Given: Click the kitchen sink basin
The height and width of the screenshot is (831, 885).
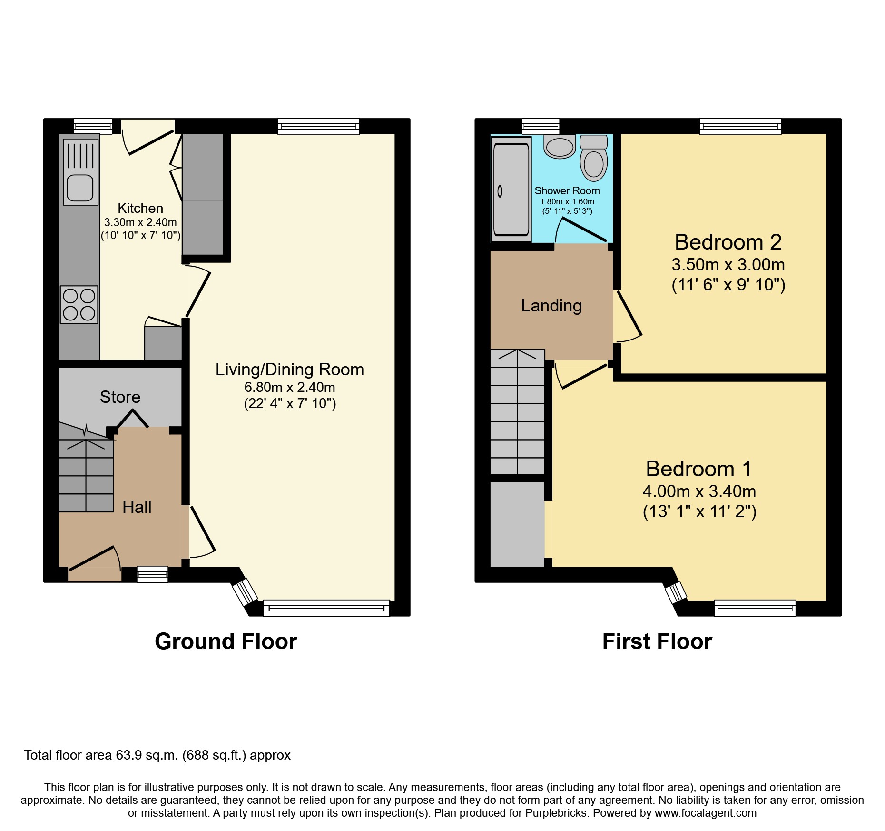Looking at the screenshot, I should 80,188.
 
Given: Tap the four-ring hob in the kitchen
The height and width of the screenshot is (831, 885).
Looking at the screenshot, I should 79,305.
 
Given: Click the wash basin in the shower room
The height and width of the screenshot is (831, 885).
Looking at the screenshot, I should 560,147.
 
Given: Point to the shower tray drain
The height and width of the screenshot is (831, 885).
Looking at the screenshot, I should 500,191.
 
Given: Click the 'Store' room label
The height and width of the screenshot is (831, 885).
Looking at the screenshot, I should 120,397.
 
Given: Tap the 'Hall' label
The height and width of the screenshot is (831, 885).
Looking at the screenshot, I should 137,507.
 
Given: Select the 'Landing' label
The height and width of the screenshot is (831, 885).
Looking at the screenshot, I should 551,306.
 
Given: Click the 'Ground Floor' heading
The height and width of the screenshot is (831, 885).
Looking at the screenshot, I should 226,641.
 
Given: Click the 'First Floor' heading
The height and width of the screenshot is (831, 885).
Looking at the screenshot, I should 657,641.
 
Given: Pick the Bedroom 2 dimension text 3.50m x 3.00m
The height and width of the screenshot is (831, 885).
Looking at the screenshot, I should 728,265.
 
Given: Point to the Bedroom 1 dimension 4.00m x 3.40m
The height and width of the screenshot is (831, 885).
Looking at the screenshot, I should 699,491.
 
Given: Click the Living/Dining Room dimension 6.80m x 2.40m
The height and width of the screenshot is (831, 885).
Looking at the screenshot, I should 289,387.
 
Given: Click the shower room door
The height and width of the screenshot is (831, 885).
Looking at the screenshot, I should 583,230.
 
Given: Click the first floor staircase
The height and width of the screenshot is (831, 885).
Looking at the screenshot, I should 517,412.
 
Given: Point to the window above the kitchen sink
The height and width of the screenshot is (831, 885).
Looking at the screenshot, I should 93,126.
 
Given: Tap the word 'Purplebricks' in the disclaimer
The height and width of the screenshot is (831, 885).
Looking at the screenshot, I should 556,813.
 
